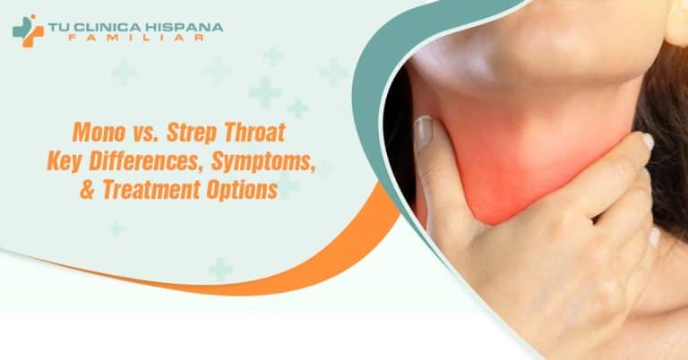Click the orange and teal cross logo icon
click(27, 30)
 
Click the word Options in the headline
click(246, 190)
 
